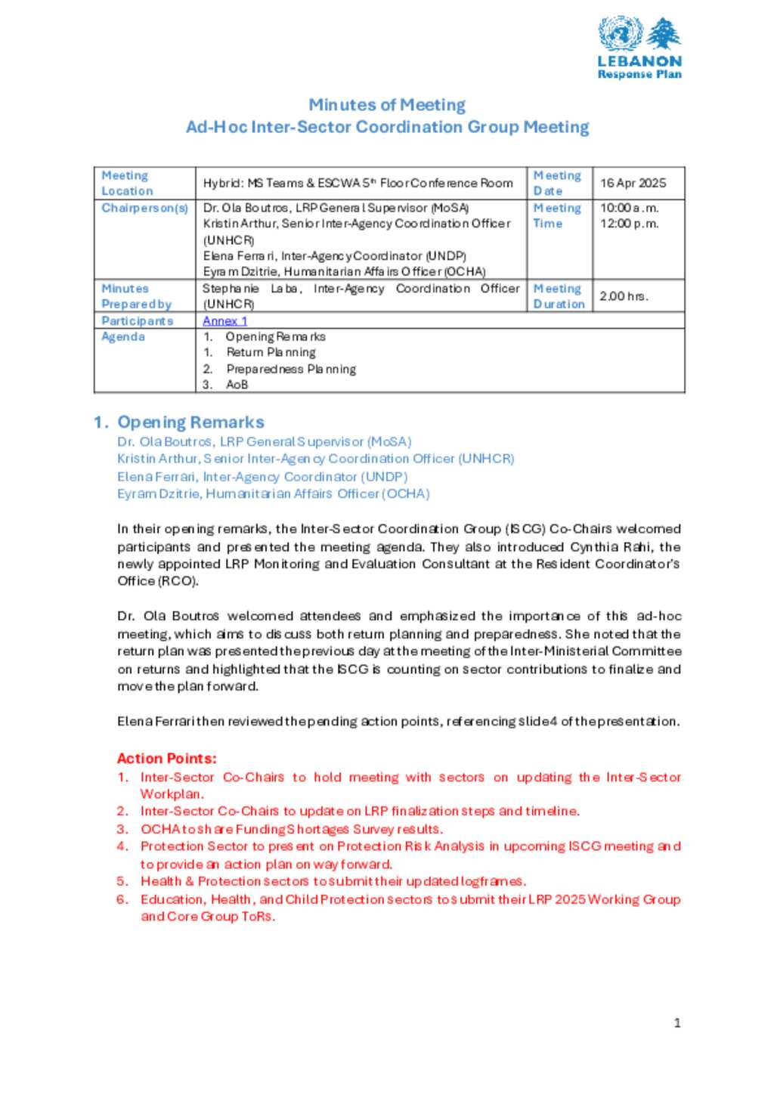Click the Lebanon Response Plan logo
[639, 48]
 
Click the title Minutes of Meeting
[387, 105]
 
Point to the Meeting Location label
[127, 184]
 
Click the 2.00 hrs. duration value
[624, 296]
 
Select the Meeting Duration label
[559, 296]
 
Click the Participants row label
[137, 321]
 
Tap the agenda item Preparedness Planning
[291, 370]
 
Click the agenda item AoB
[237, 385]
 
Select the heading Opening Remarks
[190, 422]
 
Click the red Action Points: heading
[166, 759]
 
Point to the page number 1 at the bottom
[677, 1023]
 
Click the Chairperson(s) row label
[144, 208]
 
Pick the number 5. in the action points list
[122, 882]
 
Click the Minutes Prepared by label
[136, 296]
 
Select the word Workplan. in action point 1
[172, 794]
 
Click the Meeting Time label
[557, 216]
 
